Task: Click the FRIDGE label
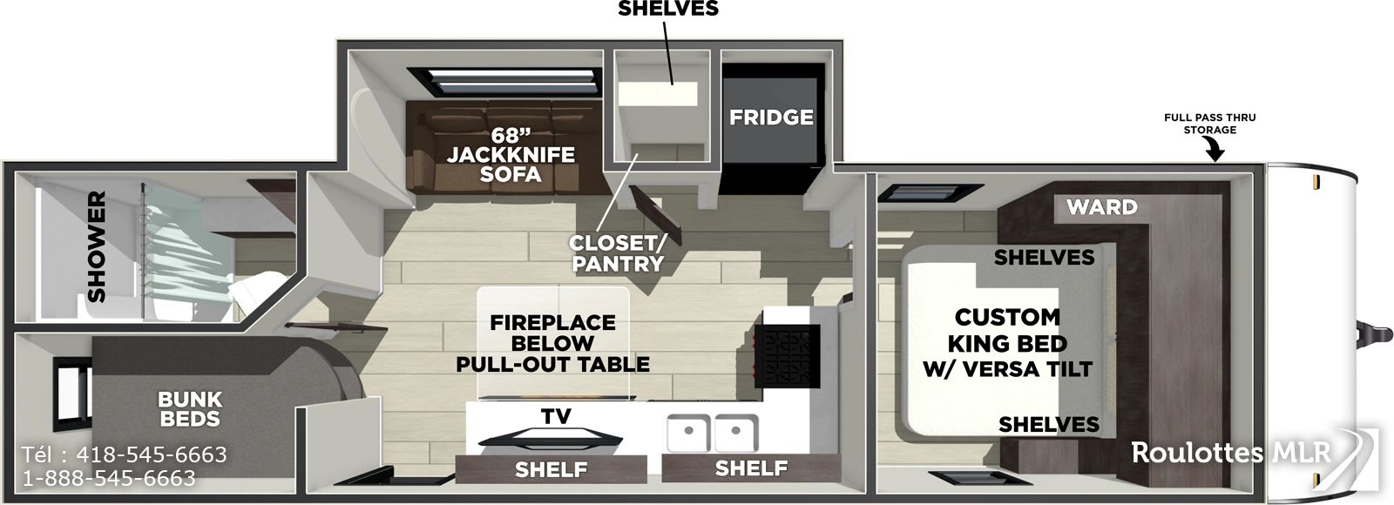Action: click(x=771, y=117)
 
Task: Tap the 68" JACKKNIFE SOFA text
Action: click(x=511, y=153)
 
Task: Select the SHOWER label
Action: click(x=97, y=247)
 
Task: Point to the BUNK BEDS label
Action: click(x=190, y=408)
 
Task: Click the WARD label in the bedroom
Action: click(x=1102, y=206)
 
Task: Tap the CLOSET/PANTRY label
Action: click(x=618, y=253)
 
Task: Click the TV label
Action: click(x=556, y=416)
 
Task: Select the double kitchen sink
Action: click(x=712, y=433)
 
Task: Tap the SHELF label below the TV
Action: click(x=551, y=469)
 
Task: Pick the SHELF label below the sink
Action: click(x=751, y=468)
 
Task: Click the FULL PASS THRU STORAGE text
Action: click(x=1210, y=123)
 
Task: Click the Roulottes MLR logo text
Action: click(x=1230, y=452)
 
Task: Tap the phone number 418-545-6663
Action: click(x=152, y=454)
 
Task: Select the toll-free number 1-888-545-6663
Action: click(x=109, y=478)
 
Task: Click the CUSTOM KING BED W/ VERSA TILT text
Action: click(x=1007, y=343)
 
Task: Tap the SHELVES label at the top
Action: click(x=667, y=9)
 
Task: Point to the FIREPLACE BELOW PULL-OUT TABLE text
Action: click(x=552, y=343)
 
